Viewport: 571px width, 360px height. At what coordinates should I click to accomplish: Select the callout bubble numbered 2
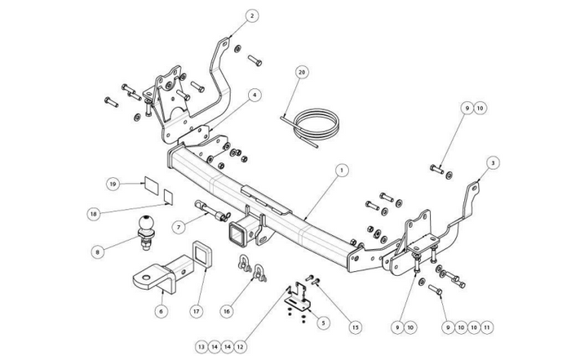[253, 15]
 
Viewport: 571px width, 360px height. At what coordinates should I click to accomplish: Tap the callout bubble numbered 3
[492, 163]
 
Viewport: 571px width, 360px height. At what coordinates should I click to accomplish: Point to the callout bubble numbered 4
[255, 95]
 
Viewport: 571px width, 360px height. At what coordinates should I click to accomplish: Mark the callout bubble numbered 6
[162, 310]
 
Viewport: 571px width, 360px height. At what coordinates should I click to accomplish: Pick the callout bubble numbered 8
[99, 252]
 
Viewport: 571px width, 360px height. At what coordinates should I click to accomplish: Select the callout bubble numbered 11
[487, 327]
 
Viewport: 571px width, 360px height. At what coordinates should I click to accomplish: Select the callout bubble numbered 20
[302, 73]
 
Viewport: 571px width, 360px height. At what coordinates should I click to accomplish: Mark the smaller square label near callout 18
[167, 197]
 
